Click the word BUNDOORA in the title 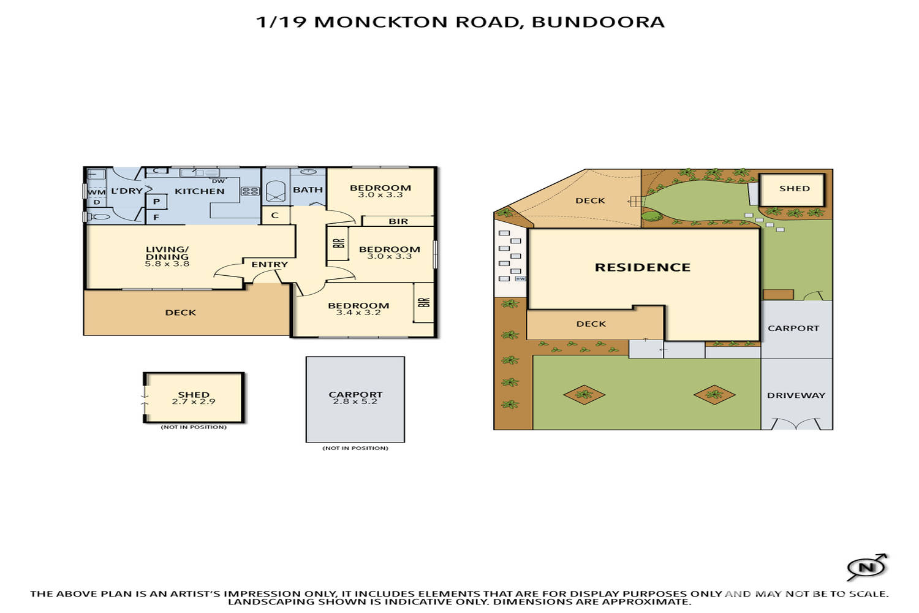point(598,22)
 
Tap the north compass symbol point(866,567)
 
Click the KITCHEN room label point(199,191)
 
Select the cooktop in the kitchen point(250,191)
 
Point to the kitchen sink point(200,173)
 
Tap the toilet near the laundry point(99,216)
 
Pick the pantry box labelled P point(156,201)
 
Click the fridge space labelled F point(156,217)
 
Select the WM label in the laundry point(96,192)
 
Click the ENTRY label point(270,264)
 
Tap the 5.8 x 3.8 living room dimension point(167,264)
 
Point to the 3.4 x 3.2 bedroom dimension point(358,313)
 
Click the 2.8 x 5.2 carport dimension point(355,402)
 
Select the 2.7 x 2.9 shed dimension point(194,402)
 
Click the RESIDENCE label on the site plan point(643,267)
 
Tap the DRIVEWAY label point(796,395)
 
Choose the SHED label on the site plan point(794,189)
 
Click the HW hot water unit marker point(520,278)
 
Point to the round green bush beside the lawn point(651,216)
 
